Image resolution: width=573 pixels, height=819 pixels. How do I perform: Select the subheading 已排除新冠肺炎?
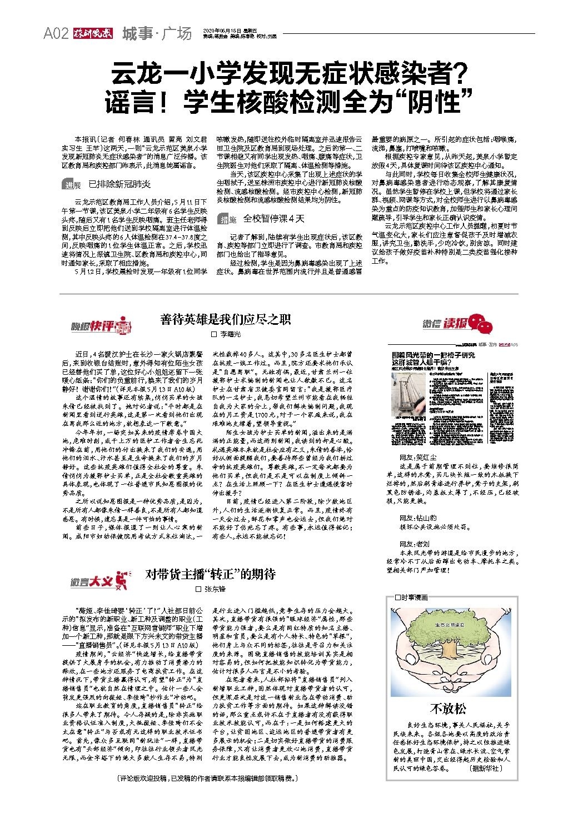[119, 184]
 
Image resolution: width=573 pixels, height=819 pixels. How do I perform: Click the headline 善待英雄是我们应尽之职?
[226, 319]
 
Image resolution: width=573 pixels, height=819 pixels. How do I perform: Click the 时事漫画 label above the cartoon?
[411, 598]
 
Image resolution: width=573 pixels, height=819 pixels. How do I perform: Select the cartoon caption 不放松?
[449, 708]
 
